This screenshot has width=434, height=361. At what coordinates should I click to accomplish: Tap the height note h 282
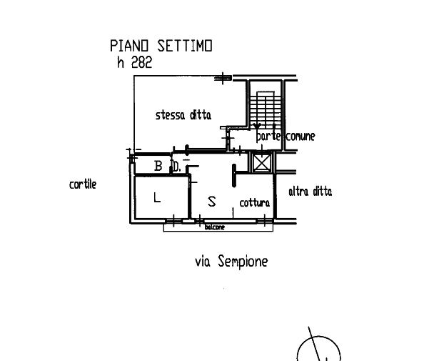[x=134, y=62]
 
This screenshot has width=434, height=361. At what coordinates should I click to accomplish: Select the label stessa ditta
[x=183, y=116]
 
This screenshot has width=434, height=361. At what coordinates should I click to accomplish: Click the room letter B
[x=158, y=167]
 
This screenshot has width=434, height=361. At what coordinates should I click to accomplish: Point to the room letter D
[x=176, y=167]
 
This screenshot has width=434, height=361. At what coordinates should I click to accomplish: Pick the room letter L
[x=158, y=197]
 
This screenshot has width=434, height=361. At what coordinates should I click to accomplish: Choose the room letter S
[x=211, y=202]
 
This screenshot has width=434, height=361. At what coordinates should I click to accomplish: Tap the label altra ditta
[x=310, y=192]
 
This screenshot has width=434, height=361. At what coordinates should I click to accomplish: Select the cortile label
[x=82, y=185]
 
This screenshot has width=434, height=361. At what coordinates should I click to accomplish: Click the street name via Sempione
[x=231, y=262]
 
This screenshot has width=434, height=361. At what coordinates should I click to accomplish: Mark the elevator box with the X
[x=261, y=162]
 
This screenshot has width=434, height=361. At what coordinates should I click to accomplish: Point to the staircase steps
[x=266, y=107]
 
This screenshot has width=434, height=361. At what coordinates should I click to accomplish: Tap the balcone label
[x=215, y=227]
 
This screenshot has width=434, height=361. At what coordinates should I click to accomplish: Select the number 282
[x=141, y=62]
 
